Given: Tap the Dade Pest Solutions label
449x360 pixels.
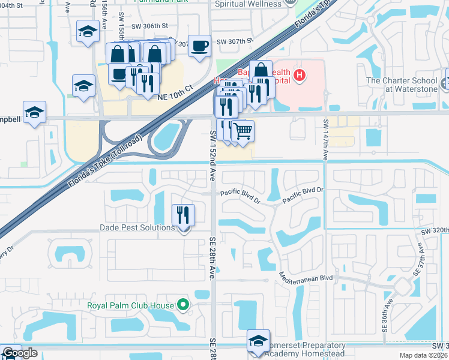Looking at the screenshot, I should (137, 228).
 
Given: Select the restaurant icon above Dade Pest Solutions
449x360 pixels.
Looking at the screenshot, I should (183, 214).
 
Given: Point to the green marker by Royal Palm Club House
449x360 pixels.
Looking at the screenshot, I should (183, 305).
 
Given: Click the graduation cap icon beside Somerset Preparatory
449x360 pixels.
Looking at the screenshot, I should (258, 341).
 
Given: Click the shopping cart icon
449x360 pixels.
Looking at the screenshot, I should (242, 130).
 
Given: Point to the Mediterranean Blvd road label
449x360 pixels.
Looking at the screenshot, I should (306, 278).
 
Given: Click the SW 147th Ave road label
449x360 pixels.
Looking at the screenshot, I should (326, 139).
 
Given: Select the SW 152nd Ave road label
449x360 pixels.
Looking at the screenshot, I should (212, 155).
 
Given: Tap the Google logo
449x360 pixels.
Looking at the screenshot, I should (20, 353).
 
